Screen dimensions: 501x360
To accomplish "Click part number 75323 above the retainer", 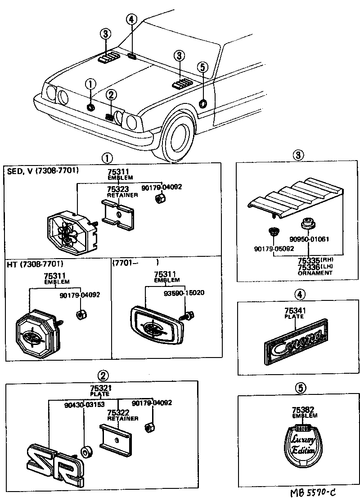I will [x=118, y=189].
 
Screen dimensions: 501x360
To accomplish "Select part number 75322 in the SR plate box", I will [x=118, y=412].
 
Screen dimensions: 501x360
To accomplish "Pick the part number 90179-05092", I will [x=274, y=248].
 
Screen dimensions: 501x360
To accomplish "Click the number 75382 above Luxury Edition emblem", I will [x=302, y=410].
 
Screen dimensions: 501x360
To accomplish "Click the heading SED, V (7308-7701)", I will [x=43, y=171].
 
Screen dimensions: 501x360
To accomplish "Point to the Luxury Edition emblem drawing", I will [x=301, y=445].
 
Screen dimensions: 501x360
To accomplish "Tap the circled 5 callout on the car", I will [x=202, y=67].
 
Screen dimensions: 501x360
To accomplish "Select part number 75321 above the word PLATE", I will [x=97, y=388].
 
